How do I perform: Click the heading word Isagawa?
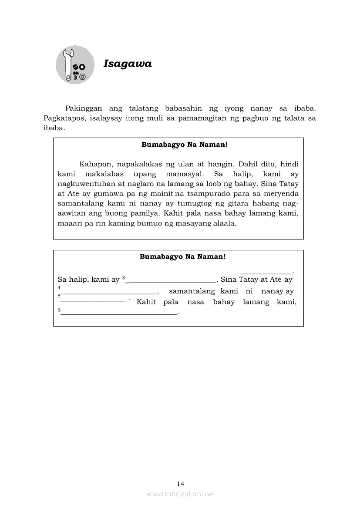[x=128, y=64]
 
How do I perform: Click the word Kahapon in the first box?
[x=95, y=164]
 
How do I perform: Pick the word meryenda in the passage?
[x=281, y=193]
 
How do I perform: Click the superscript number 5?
[x=59, y=296]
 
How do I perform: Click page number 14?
[x=181, y=483]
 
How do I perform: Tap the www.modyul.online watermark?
[x=180, y=494]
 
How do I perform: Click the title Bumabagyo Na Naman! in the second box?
[x=182, y=257]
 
